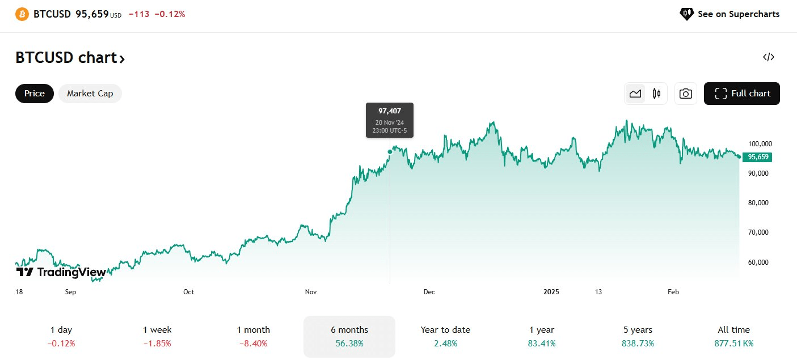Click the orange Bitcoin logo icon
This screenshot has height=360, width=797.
coord(22,14)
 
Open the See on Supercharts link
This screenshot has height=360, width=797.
coord(729,14)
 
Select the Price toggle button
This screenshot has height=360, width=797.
coord(35,94)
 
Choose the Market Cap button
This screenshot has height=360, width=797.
coord(90,94)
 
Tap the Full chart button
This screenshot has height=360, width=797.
coord(741,94)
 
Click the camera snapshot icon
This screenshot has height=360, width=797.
coord(685,94)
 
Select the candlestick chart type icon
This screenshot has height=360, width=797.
coord(657,94)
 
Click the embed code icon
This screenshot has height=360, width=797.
coord(769,57)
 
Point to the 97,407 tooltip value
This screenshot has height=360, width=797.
coord(390,111)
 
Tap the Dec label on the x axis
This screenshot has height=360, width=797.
coord(429,292)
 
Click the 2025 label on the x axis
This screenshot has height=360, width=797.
coord(551,292)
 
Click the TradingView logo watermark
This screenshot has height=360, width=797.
coord(61,272)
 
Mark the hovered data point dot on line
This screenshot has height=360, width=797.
coord(390,151)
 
